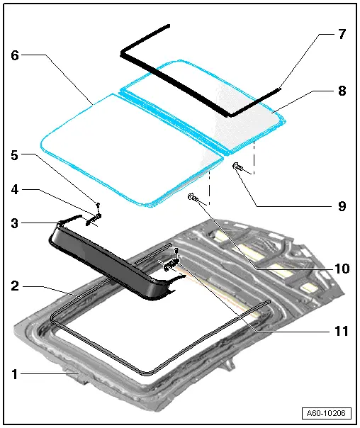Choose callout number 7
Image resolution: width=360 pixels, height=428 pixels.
pos(341,33)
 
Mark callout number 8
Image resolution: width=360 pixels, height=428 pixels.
pos(341,91)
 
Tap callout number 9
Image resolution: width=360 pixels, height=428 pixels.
pos(341,207)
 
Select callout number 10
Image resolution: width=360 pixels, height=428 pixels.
pos(341,269)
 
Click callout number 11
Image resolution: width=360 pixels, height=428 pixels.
pos(341,331)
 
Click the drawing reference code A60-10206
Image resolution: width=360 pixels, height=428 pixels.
pos(327,413)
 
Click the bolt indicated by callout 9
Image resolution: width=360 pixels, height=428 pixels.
pos(237,167)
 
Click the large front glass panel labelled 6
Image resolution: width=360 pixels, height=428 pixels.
pos(128,149)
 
